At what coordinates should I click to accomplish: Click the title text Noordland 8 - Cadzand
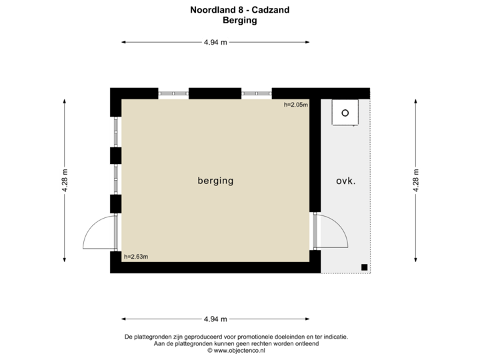pyautogui.click(x=239, y=9)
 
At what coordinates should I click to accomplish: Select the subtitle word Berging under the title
pyautogui.click(x=239, y=20)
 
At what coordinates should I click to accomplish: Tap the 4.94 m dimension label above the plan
pyautogui.click(x=215, y=42)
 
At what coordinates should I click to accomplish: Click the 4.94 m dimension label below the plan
pyautogui.click(x=215, y=319)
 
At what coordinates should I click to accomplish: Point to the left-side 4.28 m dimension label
pyautogui.click(x=65, y=181)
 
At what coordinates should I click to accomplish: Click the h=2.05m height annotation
pyautogui.click(x=295, y=105)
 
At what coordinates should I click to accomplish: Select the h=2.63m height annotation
pyautogui.click(x=136, y=256)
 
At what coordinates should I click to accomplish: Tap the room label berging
pyautogui.click(x=215, y=181)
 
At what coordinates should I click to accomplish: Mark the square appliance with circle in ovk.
pyautogui.click(x=345, y=113)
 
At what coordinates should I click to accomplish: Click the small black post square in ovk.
pyautogui.click(x=365, y=267)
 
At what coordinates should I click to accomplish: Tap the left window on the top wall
pyautogui.click(x=173, y=93)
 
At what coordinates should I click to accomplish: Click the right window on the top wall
pyautogui.click(x=257, y=93)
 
